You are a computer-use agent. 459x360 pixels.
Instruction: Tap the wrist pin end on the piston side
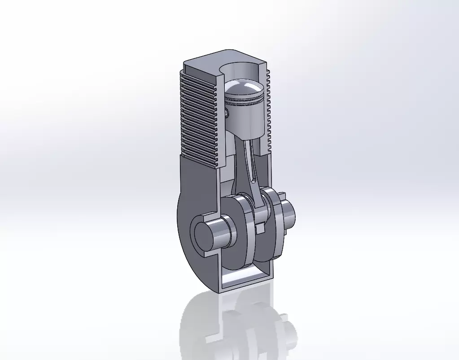pyautogui.click(x=227, y=112)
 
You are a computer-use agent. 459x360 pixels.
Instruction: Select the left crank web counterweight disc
pyautogui.click(x=240, y=233)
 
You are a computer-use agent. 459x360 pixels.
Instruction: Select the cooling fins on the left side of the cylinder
pyautogui.click(x=197, y=117)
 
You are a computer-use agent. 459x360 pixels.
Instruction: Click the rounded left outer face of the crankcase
pyautogui.click(x=184, y=224)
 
